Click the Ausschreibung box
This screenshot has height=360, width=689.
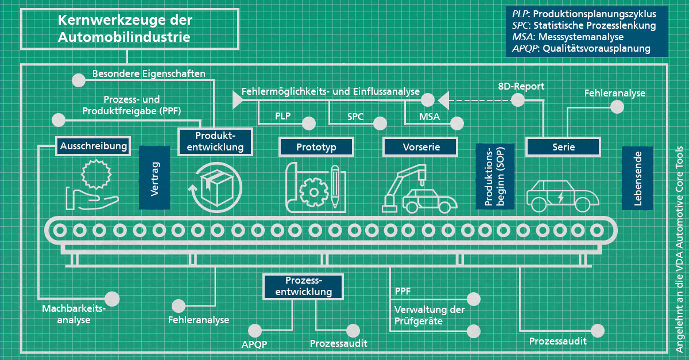pyautogui.click(x=93, y=146)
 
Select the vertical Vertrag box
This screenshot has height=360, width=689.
pyautogui.click(x=154, y=177)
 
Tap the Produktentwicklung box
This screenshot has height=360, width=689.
pyautogui.click(x=215, y=142)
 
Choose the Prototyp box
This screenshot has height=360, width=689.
pyautogui.click(x=316, y=147)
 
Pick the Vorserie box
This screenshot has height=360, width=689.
pyautogui.click(x=420, y=147)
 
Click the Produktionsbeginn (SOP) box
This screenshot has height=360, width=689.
pyautogui.click(x=495, y=176)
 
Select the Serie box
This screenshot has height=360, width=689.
pyautogui.click(x=563, y=147)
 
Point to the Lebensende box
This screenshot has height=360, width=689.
pyautogui.click(x=637, y=178)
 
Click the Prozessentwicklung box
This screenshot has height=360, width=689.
pyautogui.click(x=303, y=287)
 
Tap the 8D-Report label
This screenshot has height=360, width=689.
pyautogui.click(x=521, y=86)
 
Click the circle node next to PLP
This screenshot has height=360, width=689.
pyautogui.click(x=309, y=123)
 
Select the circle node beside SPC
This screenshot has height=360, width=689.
pyautogui.click(x=380, y=123)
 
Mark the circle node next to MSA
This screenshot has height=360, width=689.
pyautogui.click(x=457, y=123)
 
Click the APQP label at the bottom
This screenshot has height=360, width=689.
pyautogui.click(x=254, y=344)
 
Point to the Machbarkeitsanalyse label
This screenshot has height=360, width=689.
pyautogui.click(x=74, y=314)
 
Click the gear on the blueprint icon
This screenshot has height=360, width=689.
pyautogui.click(x=313, y=192)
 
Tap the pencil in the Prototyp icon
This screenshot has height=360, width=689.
pyautogui.click(x=335, y=187)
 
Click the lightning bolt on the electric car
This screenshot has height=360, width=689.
pyautogui.click(x=561, y=198)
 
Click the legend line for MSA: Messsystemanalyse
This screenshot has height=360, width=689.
pyautogui.click(x=568, y=37)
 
